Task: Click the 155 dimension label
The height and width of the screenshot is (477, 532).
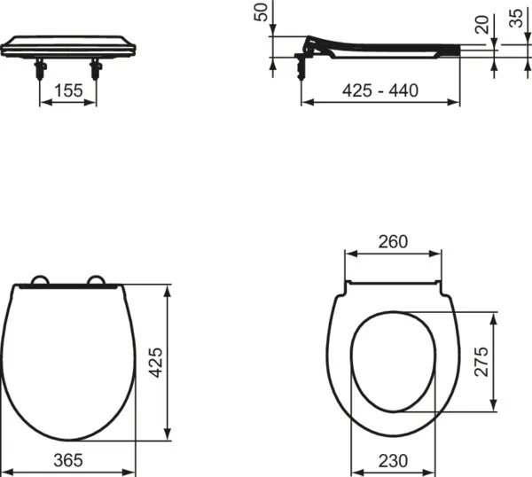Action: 67,90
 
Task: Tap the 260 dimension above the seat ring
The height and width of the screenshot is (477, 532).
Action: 393,241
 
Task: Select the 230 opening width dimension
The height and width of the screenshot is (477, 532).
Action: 393,460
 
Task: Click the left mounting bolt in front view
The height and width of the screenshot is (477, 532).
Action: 41,68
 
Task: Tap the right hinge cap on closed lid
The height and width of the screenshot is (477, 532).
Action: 98,283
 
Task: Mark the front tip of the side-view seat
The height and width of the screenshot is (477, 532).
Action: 458,51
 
